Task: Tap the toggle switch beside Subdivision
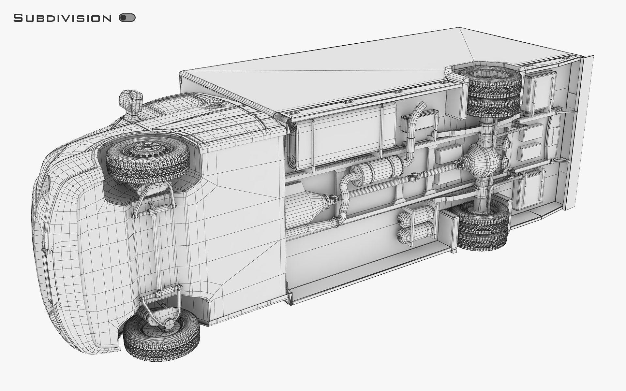(127, 18)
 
